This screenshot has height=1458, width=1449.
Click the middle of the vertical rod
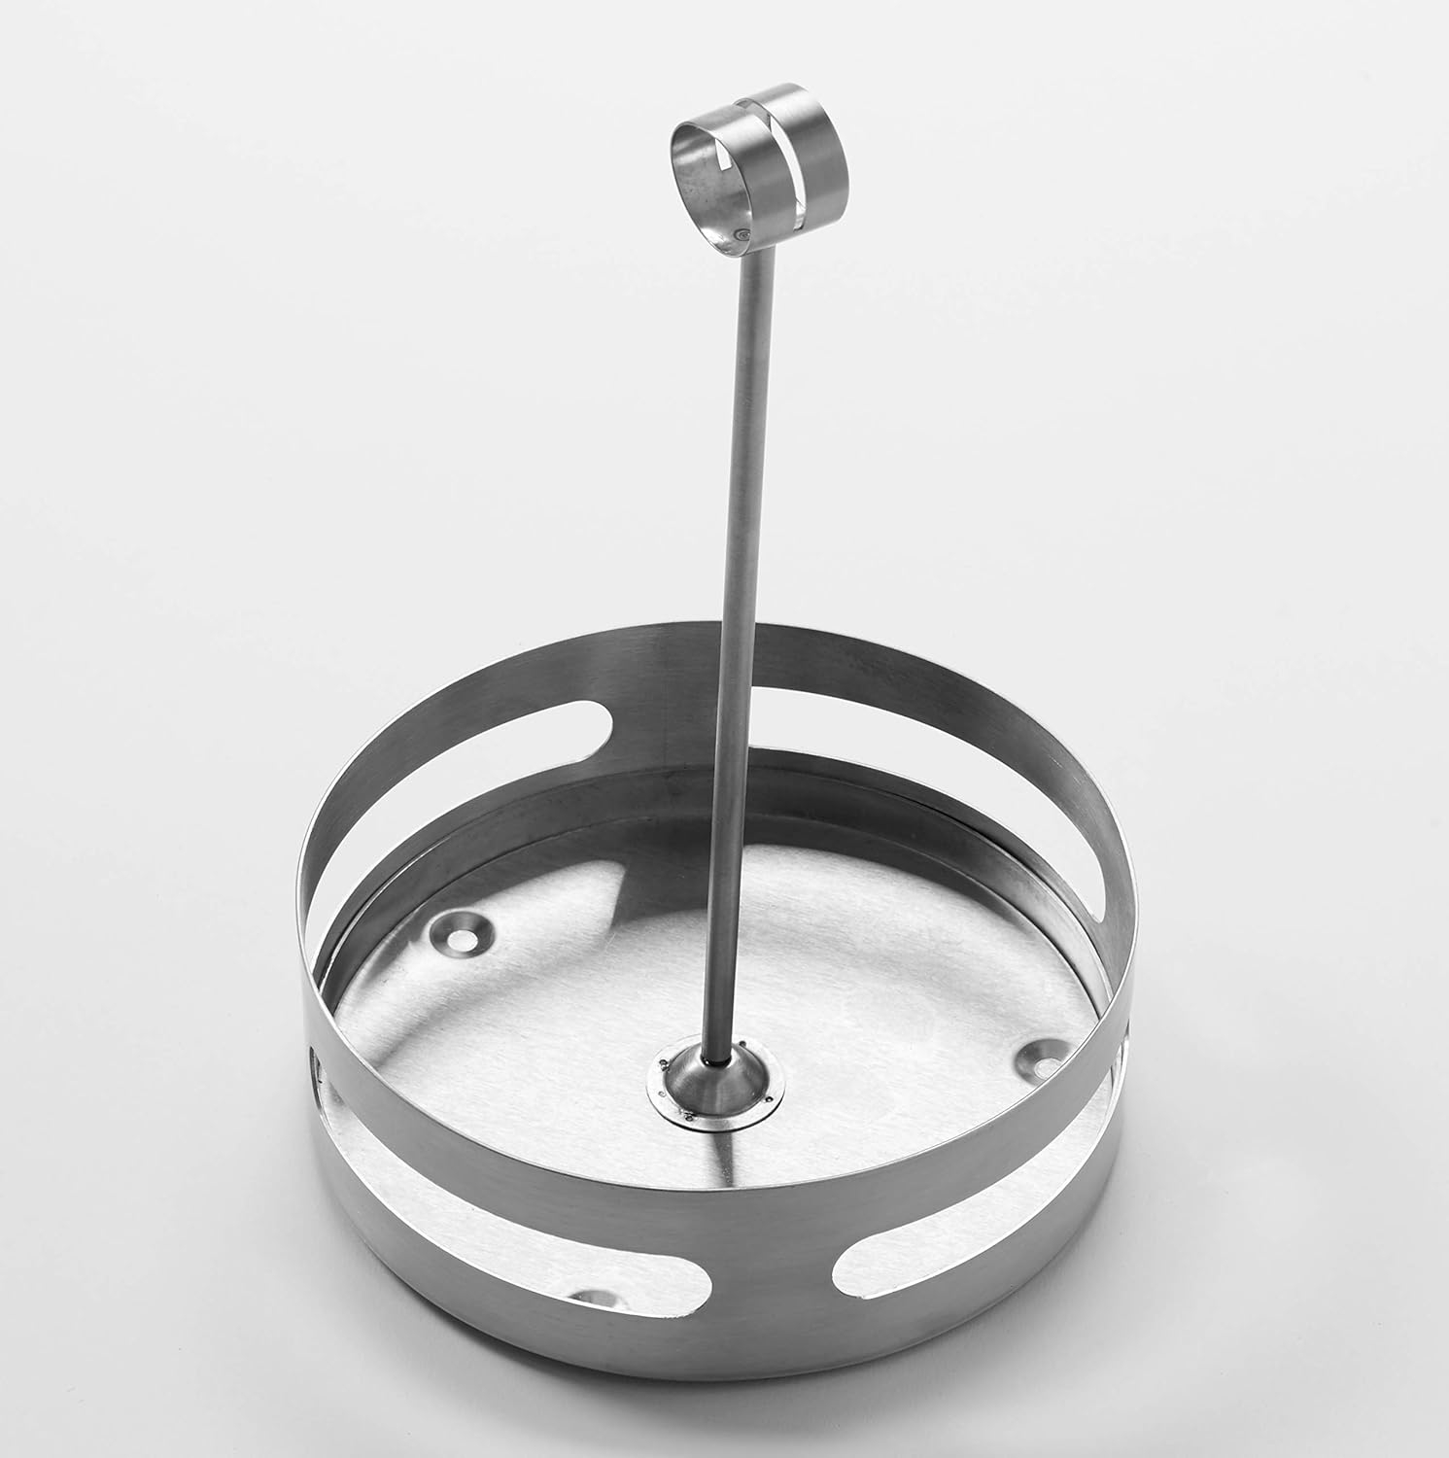(733, 632)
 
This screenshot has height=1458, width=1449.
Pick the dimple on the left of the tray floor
(462, 932)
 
